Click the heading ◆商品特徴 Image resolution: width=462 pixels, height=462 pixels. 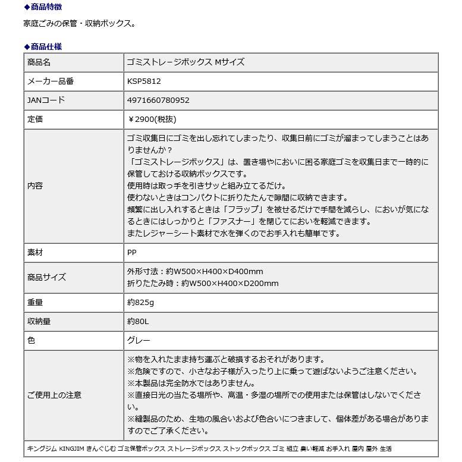pyautogui.click(x=43, y=7)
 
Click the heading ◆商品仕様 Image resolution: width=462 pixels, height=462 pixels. pyautogui.click(x=43, y=46)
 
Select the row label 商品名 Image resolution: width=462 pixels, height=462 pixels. pyautogui.click(x=39, y=62)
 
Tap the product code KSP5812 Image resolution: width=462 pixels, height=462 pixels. pyautogui.click(x=144, y=81)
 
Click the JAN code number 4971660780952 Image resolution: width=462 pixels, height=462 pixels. pyautogui.click(x=158, y=100)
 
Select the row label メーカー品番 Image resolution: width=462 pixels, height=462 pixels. pyautogui.click(x=51, y=81)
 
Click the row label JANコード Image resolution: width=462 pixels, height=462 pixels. pyautogui.click(x=46, y=100)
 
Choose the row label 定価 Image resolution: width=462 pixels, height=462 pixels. pyautogui.click(x=35, y=120)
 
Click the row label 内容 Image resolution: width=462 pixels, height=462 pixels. pyautogui.click(x=35, y=186)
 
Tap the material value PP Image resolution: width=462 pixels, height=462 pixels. pyautogui.click(x=132, y=252)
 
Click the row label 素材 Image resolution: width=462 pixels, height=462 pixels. pyautogui.click(x=35, y=252)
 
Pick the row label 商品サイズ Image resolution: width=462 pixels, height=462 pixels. pyautogui.click(x=47, y=277)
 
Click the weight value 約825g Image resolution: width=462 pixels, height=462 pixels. pyautogui.click(x=140, y=303)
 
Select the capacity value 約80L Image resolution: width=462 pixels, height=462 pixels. pyautogui.click(x=139, y=322)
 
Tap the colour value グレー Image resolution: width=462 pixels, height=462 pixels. pyautogui.click(x=139, y=341)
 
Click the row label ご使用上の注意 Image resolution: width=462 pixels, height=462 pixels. pyautogui.click(x=55, y=395)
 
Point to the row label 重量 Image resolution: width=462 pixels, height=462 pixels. pyautogui.click(x=35, y=303)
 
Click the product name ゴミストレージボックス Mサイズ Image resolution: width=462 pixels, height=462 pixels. pyautogui.click(x=186, y=62)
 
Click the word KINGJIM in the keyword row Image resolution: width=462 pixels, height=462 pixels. pyautogui.click(x=72, y=448)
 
